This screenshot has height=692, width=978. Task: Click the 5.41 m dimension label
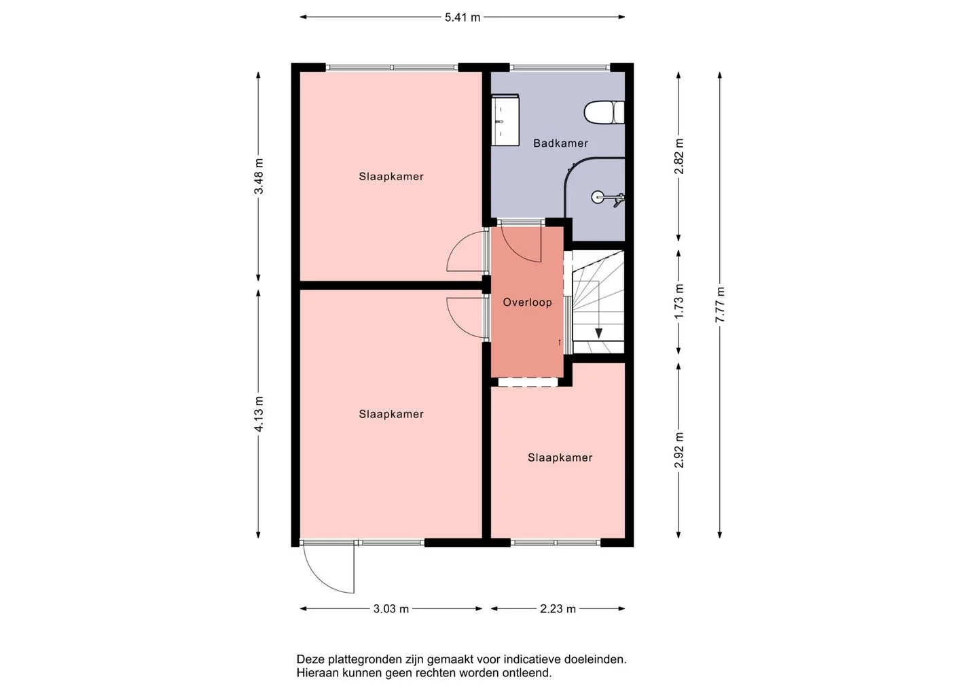coord(463,18)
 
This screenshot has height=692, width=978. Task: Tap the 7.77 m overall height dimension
coord(720,305)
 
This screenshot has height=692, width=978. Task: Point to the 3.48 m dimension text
coord(259,176)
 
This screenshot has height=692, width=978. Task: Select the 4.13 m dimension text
coord(259,414)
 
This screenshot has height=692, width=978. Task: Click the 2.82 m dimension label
coord(679,156)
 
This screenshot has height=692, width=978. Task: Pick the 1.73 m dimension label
coord(679,301)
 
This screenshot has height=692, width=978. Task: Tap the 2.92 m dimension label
coord(679,450)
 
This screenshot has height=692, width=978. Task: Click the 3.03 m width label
coord(391,609)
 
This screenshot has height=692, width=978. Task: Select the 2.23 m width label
coord(558,609)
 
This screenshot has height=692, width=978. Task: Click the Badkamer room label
coord(560,143)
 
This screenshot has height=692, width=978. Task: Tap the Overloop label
coord(528,302)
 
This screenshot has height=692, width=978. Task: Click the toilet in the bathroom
coord(604,112)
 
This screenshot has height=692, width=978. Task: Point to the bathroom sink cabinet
coord(505,120)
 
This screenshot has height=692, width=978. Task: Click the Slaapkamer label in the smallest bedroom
coord(560,458)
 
